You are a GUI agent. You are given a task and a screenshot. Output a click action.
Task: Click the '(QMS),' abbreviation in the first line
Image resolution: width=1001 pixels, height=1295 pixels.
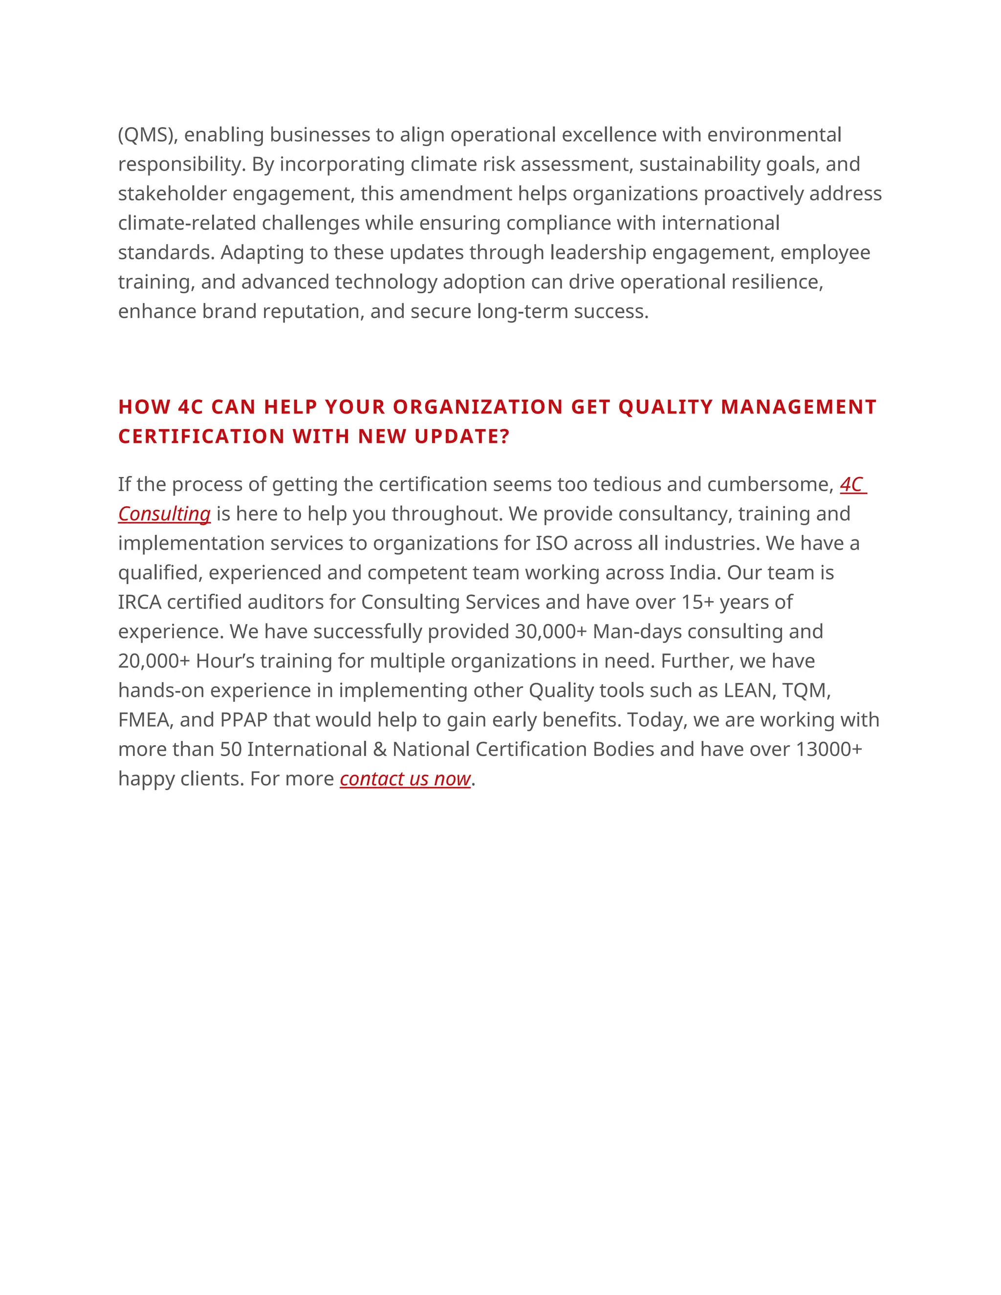(x=148, y=135)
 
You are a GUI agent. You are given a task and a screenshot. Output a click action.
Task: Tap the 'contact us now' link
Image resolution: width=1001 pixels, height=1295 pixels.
(x=405, y=778)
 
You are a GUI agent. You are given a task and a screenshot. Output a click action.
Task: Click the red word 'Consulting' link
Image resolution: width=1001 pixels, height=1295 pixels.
(x=164, y=514)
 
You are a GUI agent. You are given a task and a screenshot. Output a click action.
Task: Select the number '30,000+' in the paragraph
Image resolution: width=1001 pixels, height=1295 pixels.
(x=550, y=631)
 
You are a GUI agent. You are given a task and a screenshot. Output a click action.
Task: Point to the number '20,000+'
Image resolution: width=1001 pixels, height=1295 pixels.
(x=153, y=661)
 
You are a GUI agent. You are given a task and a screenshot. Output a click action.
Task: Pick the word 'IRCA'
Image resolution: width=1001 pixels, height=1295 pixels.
(x=139, y=603)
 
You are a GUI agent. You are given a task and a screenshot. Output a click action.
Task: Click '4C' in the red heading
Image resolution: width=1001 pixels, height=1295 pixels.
(x=190, y=408)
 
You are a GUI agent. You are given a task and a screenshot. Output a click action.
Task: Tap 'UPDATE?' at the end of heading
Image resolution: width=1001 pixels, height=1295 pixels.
(x=462, y=437)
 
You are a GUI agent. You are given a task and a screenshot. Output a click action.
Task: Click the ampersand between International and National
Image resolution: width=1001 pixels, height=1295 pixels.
(x=379, y=750)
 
